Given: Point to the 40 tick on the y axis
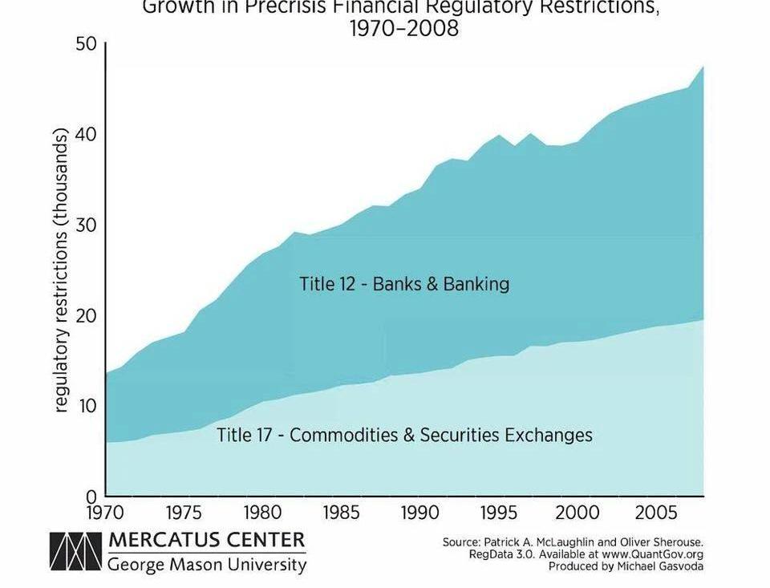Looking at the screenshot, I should click(x=86, y=134).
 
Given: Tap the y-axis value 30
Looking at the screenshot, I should click(x=86, y=225).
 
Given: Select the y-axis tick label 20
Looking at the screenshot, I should click(x=86, y=315).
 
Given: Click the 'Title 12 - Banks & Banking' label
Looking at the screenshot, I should click(x=404, y=284).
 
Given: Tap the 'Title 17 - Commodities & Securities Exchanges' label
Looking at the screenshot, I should click(x=404, y=435).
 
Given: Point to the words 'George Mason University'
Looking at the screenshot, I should click(x=207, y=565).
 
